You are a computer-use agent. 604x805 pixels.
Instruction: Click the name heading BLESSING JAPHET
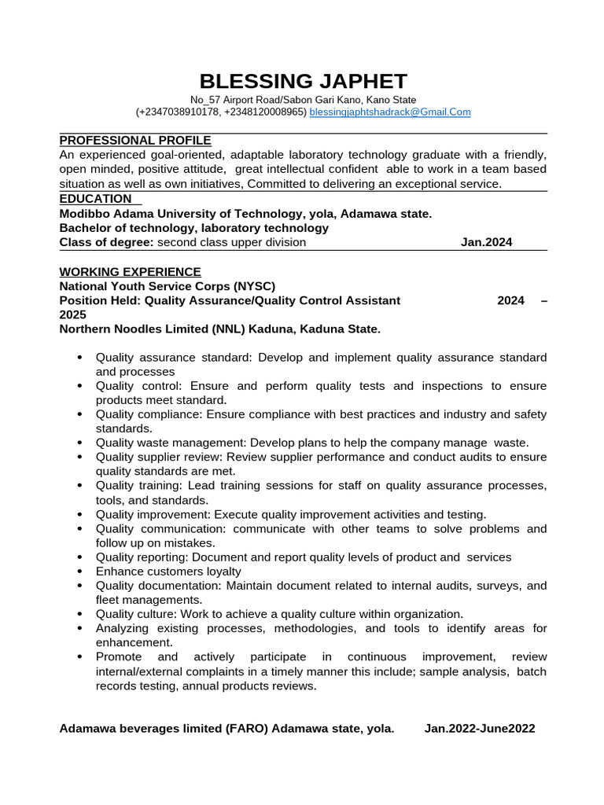click(x=303, y=81)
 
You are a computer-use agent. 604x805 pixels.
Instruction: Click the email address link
click(x=390, y=112)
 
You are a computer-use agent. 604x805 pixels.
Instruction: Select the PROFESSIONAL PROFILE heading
click(x=135, y=141)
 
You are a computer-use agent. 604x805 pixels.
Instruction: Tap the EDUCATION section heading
click(x=95, y=199)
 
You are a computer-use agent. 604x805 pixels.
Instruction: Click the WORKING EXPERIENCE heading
click(x=130, y=272)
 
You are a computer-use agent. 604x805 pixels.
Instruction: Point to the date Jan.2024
click(x=486, y=242)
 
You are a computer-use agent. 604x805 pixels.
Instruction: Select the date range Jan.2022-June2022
click(x=480, y=729)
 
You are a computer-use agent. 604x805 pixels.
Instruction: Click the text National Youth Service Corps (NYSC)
click(x=168, y=286)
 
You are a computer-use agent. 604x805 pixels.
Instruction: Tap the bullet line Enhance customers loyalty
click(x=168, y=572)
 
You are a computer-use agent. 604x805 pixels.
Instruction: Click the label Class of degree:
click(x=107, y=242)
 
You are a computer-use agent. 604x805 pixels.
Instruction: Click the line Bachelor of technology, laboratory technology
click(x=193, y=228)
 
